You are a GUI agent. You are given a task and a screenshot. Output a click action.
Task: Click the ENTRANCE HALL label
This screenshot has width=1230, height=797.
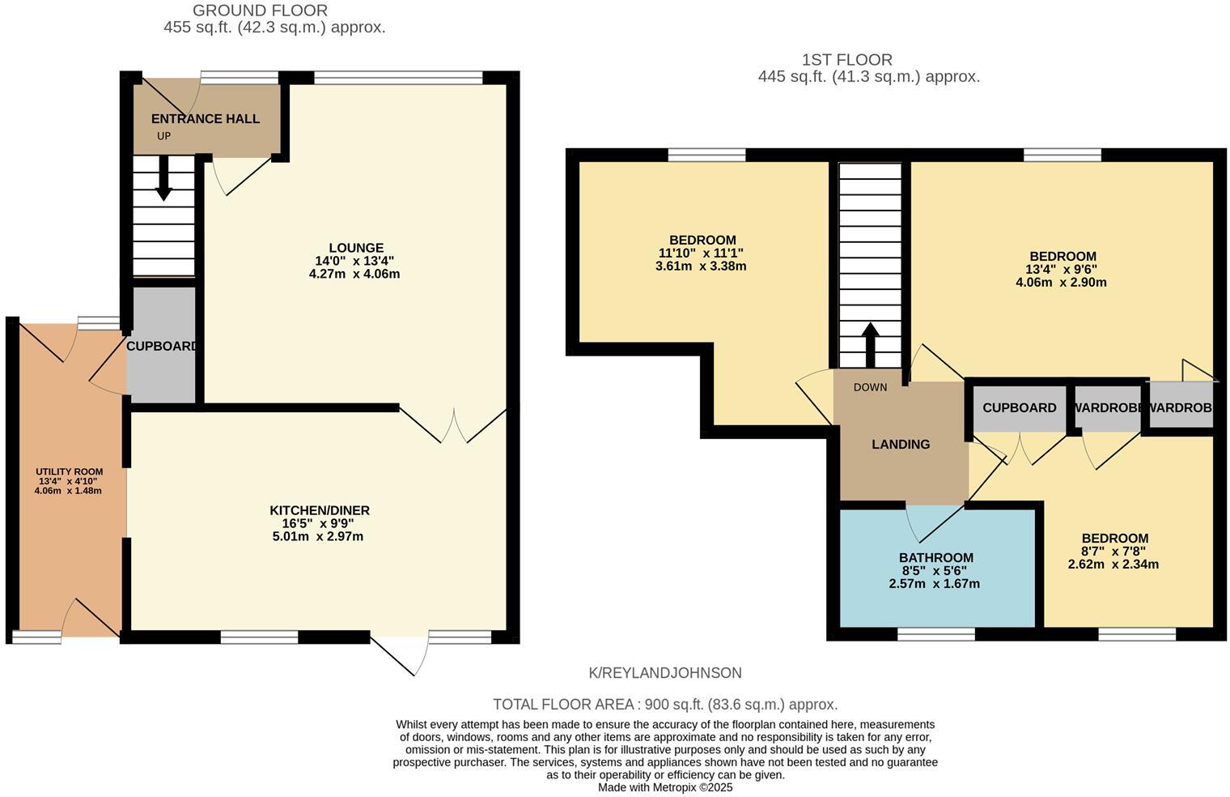pos(206,119)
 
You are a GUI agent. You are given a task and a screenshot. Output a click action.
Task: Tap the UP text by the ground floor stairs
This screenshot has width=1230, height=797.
pos(163,136)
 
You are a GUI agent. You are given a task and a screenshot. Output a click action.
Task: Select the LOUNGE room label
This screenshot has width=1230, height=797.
pos(356,248)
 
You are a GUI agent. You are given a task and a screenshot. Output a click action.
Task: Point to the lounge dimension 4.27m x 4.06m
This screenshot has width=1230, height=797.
pos(354,274)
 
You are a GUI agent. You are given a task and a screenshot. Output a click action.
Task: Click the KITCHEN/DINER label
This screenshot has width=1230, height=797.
pos(320,510)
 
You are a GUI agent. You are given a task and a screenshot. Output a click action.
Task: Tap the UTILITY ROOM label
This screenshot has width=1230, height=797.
pos(69,471)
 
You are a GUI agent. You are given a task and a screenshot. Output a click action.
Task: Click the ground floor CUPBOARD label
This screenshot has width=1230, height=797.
pos(163,346)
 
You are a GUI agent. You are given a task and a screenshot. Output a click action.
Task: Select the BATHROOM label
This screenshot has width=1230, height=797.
pos(935,557)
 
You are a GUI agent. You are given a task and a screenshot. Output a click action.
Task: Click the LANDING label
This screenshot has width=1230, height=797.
pos(901,444)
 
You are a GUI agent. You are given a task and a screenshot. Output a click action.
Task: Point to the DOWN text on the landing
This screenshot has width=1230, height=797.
pos(870,387)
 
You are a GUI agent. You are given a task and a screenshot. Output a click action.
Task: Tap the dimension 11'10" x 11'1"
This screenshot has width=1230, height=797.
pos(701,253)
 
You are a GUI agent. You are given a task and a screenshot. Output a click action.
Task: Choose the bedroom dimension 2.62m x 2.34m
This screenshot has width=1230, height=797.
pos(1114,564)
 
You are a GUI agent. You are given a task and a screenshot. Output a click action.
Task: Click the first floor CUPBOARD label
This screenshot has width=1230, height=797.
pos(1019,407)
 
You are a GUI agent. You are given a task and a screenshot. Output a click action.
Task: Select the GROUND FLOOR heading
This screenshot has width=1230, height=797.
pos(260,11)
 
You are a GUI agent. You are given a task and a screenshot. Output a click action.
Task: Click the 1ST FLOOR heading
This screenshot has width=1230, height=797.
pos(846,60)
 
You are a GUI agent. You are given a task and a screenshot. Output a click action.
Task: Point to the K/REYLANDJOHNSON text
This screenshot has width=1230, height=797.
pos(665,673)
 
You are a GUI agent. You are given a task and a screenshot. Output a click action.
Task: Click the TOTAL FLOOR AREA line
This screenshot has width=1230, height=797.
pos(665,705)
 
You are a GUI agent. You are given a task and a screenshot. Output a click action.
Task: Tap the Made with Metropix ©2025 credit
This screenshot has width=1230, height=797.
pos(665,787)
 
